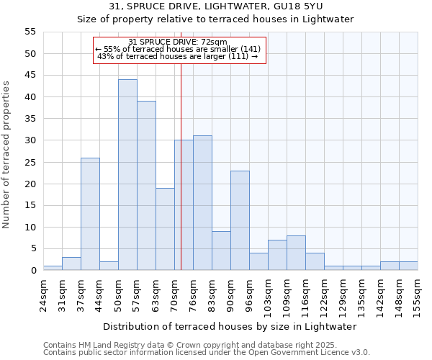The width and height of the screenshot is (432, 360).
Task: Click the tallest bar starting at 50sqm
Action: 127,175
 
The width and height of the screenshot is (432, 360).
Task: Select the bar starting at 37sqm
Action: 90,214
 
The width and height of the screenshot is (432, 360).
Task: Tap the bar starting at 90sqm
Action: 240,220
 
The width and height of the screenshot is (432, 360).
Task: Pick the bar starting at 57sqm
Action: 146,186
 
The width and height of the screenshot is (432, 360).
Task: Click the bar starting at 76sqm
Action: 202,203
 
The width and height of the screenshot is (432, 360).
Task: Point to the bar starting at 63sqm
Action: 165,229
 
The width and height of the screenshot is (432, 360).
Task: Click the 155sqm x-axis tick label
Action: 418,294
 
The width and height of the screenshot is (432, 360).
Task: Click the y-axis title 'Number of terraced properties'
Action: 7,155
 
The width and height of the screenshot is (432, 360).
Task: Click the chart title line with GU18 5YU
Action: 215,6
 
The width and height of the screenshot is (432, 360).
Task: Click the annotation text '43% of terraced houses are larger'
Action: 177,56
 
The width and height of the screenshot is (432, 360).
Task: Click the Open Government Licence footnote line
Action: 207,352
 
